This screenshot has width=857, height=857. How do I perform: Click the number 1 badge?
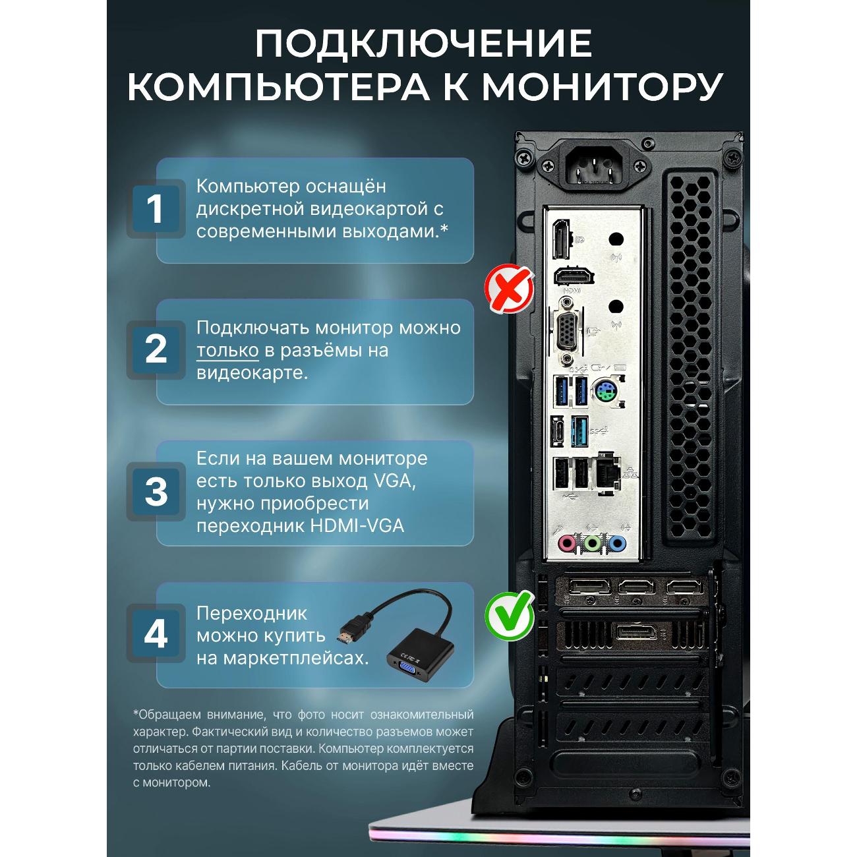pyautogui.click(x=156, y=208)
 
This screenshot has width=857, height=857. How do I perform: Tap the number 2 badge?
pyautogui.click(x=156, y=349)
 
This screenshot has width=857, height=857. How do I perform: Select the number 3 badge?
pyautogui.click(x=156, y=491)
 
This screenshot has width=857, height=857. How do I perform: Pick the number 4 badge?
pyautogui.click(x=156, y=634)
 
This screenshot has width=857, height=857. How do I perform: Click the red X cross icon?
pyautogui.click(x=509, y=288)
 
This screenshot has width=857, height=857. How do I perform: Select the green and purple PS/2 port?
pyautogui.click(x=605, y=391)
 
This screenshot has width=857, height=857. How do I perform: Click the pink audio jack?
pyautogui.click(x=567, y=543)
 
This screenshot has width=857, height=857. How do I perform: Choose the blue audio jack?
pyautogui.click(x=617, y=543)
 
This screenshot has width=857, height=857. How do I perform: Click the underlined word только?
pyautogui.click(x=227, y=351)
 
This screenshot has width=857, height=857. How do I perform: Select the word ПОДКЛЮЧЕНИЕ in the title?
pyautogui.click(x=423, y=44)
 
